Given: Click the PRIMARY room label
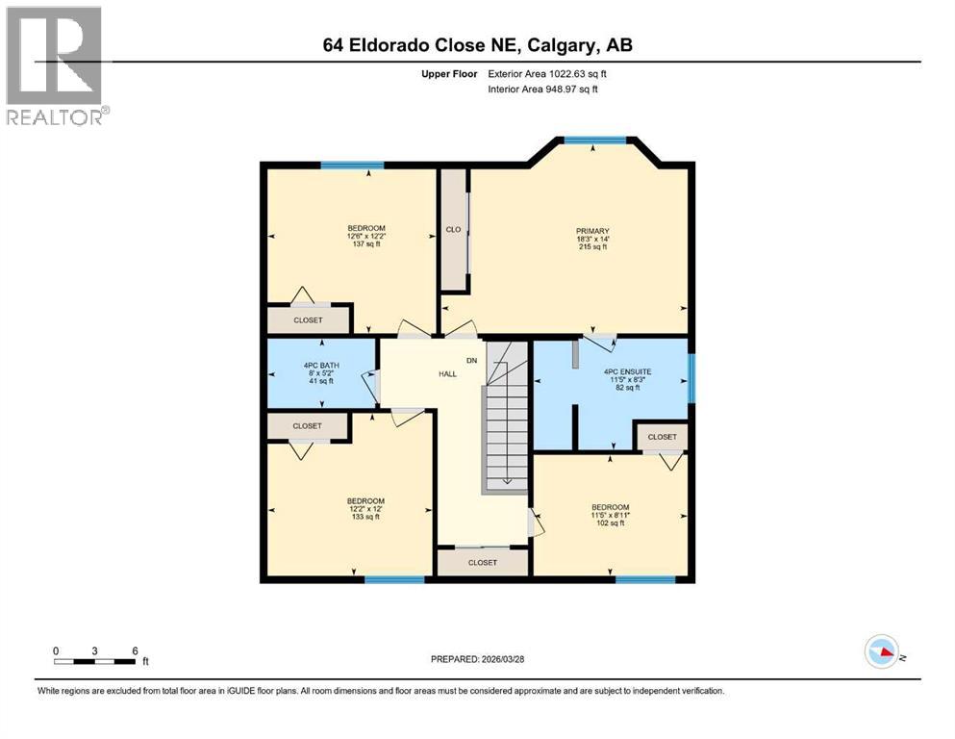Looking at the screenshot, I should (x=592, y=231).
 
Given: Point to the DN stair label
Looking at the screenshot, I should (x=471, y=361).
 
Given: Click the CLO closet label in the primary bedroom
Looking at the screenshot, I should (x=453, y=230).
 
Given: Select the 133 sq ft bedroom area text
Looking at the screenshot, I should (x=365, y=517).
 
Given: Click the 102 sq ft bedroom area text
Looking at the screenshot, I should (x=611, y=524).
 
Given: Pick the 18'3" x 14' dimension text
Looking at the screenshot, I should (x=592, y=239).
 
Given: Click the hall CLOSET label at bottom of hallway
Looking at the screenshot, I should (x=482, y=562).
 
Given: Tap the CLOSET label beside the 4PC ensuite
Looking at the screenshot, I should (x=662, y=437).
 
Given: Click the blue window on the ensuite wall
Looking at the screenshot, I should (x=691, y=376).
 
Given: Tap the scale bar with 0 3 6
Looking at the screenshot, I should (x=94, y=660).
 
